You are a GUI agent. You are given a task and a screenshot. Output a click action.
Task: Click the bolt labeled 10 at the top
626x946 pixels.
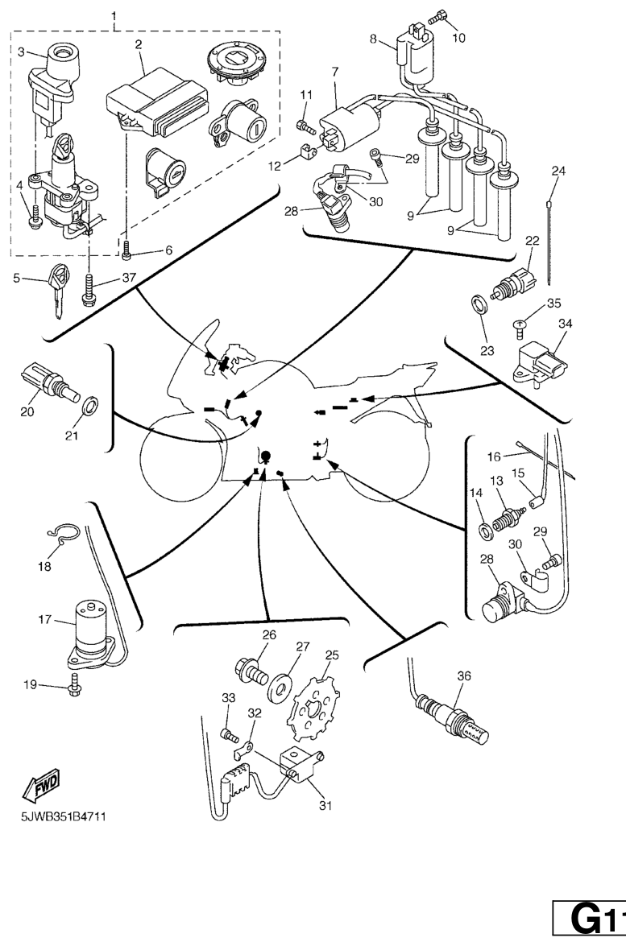coord(438,15)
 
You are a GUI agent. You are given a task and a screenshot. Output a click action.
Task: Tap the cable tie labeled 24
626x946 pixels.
coord(551,233)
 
